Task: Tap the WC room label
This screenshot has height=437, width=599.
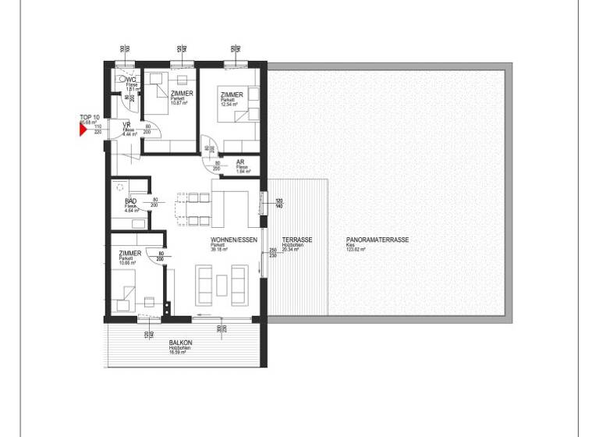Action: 132,80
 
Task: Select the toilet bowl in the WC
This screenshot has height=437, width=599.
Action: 122,80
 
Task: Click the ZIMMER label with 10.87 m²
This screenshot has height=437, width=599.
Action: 182,94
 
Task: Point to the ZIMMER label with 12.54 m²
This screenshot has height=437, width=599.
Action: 232,94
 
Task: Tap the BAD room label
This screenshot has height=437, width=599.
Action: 130,202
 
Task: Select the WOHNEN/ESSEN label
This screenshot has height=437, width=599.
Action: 233,240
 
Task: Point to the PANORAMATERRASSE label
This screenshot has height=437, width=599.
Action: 377,240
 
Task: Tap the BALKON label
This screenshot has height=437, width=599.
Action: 180,343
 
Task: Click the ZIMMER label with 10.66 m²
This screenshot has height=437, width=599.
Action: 129,254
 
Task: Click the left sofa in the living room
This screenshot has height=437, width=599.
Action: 204,286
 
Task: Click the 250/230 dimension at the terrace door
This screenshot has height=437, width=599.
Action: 272,254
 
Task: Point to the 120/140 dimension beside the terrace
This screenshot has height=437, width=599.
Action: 279,204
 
